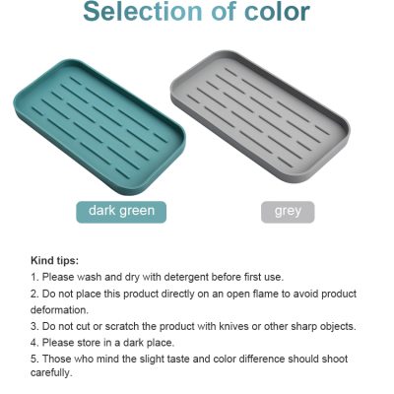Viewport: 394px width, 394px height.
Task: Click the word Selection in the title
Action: tap(143, 12)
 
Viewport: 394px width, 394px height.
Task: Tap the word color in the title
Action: tap(277, 12)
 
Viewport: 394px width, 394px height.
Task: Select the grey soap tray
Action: tap(260, 116)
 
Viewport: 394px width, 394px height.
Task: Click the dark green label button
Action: tap(121, 212)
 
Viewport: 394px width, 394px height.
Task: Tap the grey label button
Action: tap(288, 212)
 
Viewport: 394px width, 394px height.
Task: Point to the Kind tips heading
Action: tap(55, 261)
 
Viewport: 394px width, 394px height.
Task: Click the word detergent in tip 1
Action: tap(186, 277)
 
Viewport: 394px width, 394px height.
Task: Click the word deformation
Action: tap(59, 309)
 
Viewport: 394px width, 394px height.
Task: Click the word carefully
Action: tap(51, 372)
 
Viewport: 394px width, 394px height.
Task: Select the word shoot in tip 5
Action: tap(334, 359)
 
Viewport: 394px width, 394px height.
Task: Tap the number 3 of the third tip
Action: tap(33, 326)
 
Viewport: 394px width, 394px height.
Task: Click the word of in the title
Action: tap(224, 12)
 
